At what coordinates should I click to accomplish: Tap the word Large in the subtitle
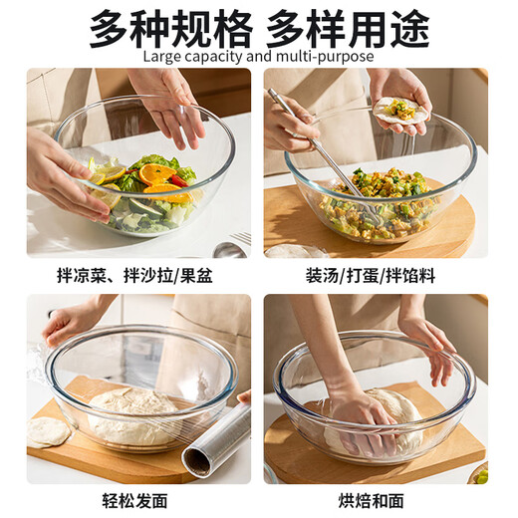pyautogui.click(x=163, y=56)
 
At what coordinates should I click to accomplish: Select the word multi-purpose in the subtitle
pyautogui.click(x=329, y=56)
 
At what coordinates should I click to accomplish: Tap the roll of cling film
pyautogui.click(x=217, y=438)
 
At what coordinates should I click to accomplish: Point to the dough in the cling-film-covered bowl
pyautogui.click(x=135, y=413)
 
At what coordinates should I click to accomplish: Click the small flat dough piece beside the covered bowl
pyautogui.click(x=48, y=430)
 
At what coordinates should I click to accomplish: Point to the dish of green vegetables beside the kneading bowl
pyautogui.click(x=479, y=473)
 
